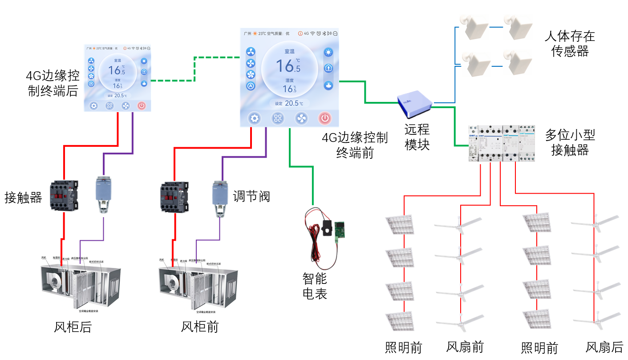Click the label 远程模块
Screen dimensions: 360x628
tap(417, 137)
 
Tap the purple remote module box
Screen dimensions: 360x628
tap(414, 101)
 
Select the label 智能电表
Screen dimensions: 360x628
tap(315, 286)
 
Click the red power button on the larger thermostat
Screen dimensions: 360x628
tap(325, 118)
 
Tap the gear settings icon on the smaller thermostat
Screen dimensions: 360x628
tap(93, 106)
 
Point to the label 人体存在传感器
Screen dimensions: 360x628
tap(570, 44)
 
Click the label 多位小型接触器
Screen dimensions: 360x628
tap(570, 142)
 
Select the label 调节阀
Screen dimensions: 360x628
tap(251, 196)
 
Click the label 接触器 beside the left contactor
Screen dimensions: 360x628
tap(23, 197)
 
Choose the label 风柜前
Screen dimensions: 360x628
tap(200, 327)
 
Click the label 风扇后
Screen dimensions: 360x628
tap(604, 347)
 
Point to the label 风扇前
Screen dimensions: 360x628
tap(465, 347)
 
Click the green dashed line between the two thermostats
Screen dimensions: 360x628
tap(195, 69)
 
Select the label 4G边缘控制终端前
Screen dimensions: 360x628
tap(355, 145)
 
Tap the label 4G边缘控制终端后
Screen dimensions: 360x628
tap(53, 83)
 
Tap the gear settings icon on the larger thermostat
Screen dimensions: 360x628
tap(255, 118)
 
